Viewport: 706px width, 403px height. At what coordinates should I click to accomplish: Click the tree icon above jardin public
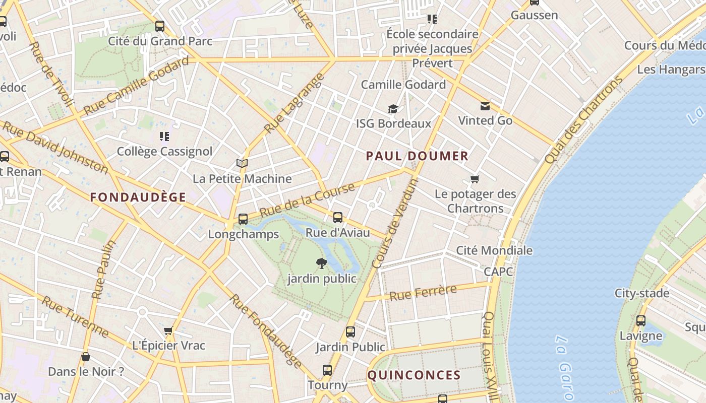[x=321, y=263]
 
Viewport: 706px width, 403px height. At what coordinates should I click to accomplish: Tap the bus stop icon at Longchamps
[x=243, y=219]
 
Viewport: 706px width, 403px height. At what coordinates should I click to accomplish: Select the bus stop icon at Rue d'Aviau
[x=338, y=218]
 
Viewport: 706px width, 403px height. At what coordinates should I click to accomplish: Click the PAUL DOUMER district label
[x=417, y=156]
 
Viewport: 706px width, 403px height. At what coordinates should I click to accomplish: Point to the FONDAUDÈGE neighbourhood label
[x=138, y=197]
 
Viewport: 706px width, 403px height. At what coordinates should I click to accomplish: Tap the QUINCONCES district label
[x=414, y=375]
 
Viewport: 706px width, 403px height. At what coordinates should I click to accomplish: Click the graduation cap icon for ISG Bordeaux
[x=393, y=109]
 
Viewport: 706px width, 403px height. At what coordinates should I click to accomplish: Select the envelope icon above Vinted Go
[x=485, y=106]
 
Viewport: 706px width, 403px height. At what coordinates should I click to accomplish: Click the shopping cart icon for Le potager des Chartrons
[x=475, y=179]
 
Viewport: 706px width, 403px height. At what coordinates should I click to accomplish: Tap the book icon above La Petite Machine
[x=242, y=164]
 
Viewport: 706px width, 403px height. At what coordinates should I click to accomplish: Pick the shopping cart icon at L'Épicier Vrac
[x=168, y=331]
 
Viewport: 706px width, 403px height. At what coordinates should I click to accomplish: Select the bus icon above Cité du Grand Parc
[x=160, y=26]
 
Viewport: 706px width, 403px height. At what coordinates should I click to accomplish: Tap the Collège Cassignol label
[x=164, y=152]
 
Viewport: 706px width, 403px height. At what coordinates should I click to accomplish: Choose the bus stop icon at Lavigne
[x=640, y=321]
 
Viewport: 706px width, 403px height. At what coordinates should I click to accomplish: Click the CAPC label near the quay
[x=498, y=272]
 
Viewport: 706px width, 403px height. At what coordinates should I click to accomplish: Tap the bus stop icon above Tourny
[x=327, y=370]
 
